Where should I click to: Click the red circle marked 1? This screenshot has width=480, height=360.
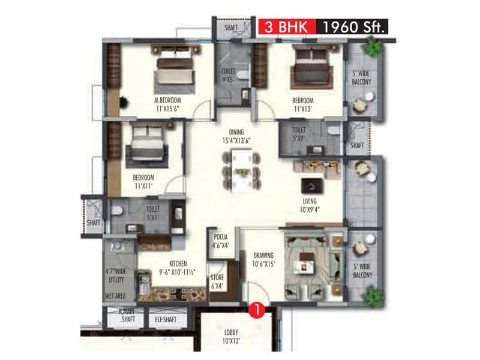pos(257,311)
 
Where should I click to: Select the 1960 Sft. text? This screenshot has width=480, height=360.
pos(353,27)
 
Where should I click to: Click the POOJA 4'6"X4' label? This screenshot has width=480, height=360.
pos(220,241)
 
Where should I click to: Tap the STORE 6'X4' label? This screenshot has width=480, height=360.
pos(217,282)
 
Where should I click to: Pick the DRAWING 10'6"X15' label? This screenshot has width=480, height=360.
pos(263,259)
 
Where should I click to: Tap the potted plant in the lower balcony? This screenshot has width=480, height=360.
pos(373,295)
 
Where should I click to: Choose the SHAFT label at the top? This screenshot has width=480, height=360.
pos(231,28)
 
